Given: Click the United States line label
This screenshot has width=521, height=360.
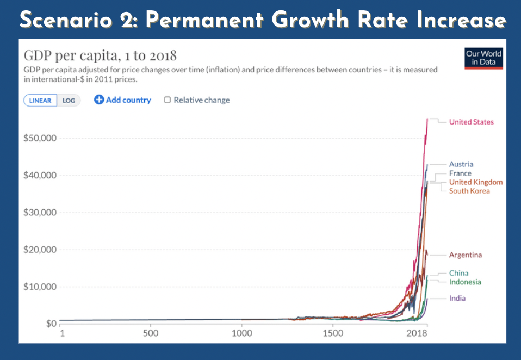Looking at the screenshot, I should coord(471,122).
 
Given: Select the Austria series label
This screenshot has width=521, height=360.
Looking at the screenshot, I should coord(461,164).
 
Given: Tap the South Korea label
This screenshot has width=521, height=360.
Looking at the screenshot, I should coord(469,191).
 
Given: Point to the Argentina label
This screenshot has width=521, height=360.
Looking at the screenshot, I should coord(465,255).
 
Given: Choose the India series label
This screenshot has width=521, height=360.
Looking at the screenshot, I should coord(457,298).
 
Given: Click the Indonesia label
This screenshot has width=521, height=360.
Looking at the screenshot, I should coord(465,282).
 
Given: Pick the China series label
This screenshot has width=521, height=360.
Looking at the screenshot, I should coord(458,273).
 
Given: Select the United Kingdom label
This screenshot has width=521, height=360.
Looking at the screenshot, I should coord(475,182).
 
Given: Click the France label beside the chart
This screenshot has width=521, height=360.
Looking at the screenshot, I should coord(460,173).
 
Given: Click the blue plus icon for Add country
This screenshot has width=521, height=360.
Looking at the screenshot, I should coord(99,100).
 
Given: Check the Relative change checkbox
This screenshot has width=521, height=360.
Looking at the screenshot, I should coord(168,100).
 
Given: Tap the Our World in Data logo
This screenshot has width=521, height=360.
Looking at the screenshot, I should coord(483,58).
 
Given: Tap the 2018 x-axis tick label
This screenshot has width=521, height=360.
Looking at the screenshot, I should coord(417,333).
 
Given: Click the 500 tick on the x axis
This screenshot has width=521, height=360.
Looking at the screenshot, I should coord(151,333).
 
